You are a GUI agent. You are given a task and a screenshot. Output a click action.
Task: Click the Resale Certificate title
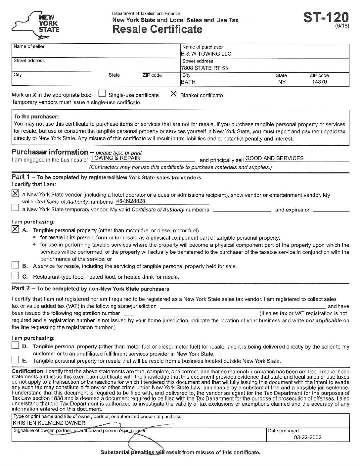157,29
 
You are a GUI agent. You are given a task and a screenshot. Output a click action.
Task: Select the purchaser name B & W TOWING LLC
206,54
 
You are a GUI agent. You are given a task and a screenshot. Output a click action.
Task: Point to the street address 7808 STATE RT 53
204,68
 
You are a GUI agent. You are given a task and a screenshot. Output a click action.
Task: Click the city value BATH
188,82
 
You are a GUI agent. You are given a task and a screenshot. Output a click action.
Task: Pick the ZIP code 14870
319,82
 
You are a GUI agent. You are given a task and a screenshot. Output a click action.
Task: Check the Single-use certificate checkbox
102,94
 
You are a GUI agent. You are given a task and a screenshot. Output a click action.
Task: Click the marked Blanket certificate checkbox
173,94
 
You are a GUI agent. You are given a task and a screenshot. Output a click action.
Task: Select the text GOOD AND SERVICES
274,158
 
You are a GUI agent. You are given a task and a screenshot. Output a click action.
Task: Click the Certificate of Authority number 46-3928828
131,201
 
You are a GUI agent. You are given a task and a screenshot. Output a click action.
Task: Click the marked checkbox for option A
15,229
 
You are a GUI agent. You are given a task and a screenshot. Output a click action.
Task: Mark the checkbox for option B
15,265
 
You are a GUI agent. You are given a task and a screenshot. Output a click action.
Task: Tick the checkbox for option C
15,276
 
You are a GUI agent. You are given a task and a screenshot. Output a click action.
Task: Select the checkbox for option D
15,346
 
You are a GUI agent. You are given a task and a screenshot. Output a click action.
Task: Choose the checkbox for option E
15,360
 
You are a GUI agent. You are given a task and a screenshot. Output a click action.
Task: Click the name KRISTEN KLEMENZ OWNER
49,423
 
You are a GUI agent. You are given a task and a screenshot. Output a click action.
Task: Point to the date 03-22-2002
307,437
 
